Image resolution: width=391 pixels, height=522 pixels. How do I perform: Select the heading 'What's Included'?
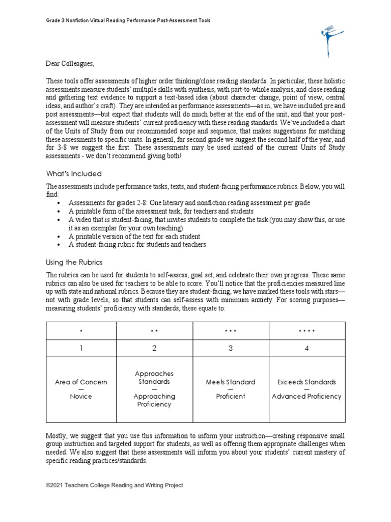74,174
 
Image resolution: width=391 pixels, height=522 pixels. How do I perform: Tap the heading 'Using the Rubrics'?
74,262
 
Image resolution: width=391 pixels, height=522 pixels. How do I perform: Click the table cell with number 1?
81,348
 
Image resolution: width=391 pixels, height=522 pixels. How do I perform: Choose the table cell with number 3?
230,348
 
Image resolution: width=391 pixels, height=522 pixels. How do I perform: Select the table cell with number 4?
306,348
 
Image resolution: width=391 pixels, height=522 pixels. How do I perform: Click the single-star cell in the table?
81,331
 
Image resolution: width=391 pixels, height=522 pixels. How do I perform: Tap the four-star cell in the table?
306,331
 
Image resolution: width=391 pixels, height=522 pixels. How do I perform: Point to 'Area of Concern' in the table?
81,382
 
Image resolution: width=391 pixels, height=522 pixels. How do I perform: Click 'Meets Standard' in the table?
230,382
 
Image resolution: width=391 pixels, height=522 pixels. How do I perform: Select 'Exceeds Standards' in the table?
306,382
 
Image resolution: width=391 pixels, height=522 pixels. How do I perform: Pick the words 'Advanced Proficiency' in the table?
306,396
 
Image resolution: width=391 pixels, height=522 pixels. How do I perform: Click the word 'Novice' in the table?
81,396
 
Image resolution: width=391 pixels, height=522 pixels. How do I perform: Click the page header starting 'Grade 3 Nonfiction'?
128,20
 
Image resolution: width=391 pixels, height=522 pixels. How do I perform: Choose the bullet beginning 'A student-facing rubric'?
137,245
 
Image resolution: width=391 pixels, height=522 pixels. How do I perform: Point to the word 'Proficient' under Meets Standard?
230,396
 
